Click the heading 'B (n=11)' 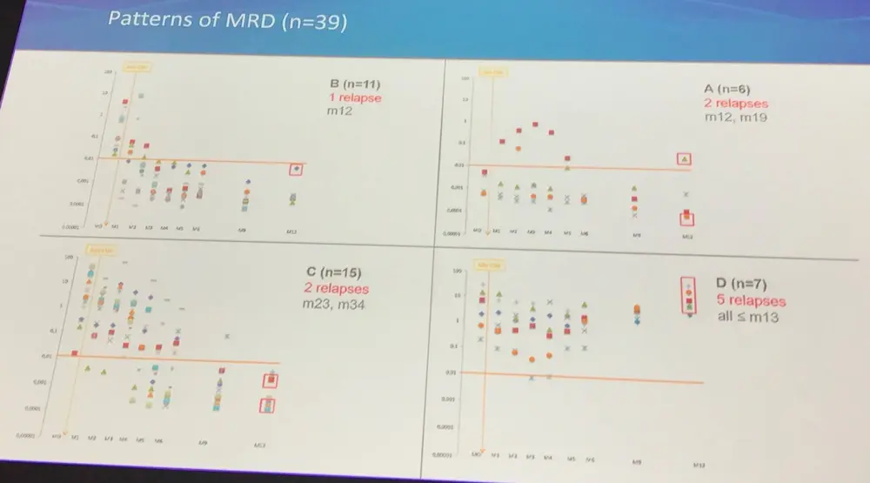(x=355, y=85)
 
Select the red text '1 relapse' (x=355, y=98)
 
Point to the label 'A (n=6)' (x=729, y=90)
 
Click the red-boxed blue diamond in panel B (x=298, y=169)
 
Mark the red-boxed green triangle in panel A (x=685, y=159)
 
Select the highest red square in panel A (x=534, y=124)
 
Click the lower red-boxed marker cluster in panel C (x=270, y=404)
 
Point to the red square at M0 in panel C (x=75, y=352)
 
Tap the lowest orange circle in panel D (x=532, y=358)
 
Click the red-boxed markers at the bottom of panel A (x=686, y=218)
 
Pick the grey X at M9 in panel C (x=228, y=336)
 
